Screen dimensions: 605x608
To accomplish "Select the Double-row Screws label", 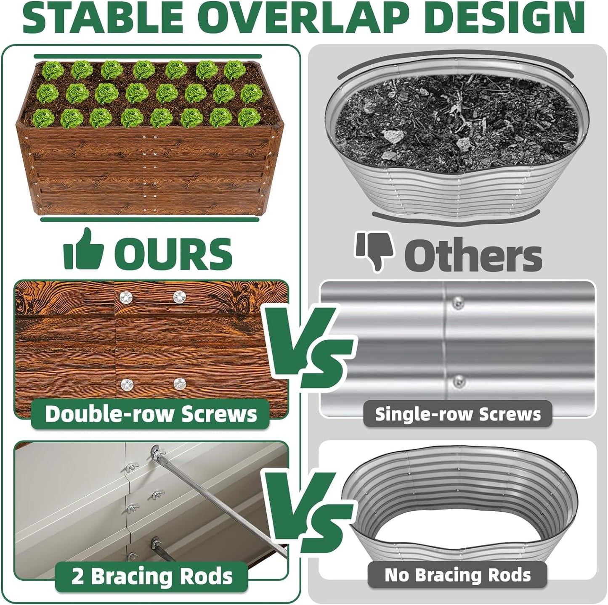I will tap(151, 414).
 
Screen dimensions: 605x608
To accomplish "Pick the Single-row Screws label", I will tap(458, 414).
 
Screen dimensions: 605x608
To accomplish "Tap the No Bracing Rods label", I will tap(458, 575).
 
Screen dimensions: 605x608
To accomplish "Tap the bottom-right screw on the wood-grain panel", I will tap(180, 383).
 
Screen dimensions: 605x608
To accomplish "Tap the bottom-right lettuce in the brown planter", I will tap(249, 117).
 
